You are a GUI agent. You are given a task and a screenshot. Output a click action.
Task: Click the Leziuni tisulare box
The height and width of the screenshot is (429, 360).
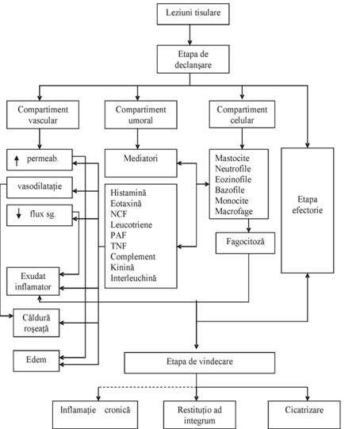[x=193, y=14]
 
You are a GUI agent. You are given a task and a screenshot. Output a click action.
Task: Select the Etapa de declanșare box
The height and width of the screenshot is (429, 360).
[x=193, y=59]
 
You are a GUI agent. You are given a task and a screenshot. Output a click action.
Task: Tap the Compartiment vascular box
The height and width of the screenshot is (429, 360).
[x=43, y=115]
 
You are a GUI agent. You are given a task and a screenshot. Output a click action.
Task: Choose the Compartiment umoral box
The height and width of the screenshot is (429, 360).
[x=141, y=115]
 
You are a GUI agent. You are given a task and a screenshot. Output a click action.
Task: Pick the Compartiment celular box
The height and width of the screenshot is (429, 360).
[x=242, y=114]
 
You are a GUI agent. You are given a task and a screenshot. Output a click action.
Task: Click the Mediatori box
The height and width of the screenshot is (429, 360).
[x=141, y=163]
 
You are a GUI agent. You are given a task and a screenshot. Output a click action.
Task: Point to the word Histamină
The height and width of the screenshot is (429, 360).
[x=128, y=193]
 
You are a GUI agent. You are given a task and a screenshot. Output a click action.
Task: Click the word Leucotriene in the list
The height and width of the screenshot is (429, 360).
[x=132, y=225]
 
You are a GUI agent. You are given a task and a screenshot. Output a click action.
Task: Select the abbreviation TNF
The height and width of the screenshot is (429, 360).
[x=118, y=247]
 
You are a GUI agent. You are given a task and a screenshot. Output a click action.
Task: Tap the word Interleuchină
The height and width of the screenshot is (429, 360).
[x=133, y=278]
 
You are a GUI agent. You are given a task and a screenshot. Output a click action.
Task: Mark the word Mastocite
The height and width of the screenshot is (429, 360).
[x=232, y=158]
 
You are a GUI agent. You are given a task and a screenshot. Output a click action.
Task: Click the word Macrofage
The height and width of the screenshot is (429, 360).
[x=234, y=212]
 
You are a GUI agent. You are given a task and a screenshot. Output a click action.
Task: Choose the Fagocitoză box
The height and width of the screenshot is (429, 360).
[x=245, y=243]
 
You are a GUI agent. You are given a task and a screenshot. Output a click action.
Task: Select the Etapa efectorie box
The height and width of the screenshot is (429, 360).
[x=308, y=210]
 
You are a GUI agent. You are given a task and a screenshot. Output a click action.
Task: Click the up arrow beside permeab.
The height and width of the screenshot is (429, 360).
[x=17, y=161]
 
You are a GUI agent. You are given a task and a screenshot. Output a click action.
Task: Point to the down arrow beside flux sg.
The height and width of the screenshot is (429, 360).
[x=18, y=213]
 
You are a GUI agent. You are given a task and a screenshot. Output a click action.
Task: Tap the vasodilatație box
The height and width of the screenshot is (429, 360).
[x=40, y=187]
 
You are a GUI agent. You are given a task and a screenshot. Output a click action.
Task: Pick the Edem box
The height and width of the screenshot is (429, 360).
[x=36, y=361]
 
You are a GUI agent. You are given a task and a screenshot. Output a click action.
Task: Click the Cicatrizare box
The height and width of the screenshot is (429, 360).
[x=304, y=415]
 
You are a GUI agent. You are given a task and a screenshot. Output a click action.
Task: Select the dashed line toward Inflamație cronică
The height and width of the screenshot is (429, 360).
[x=147, y=387]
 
